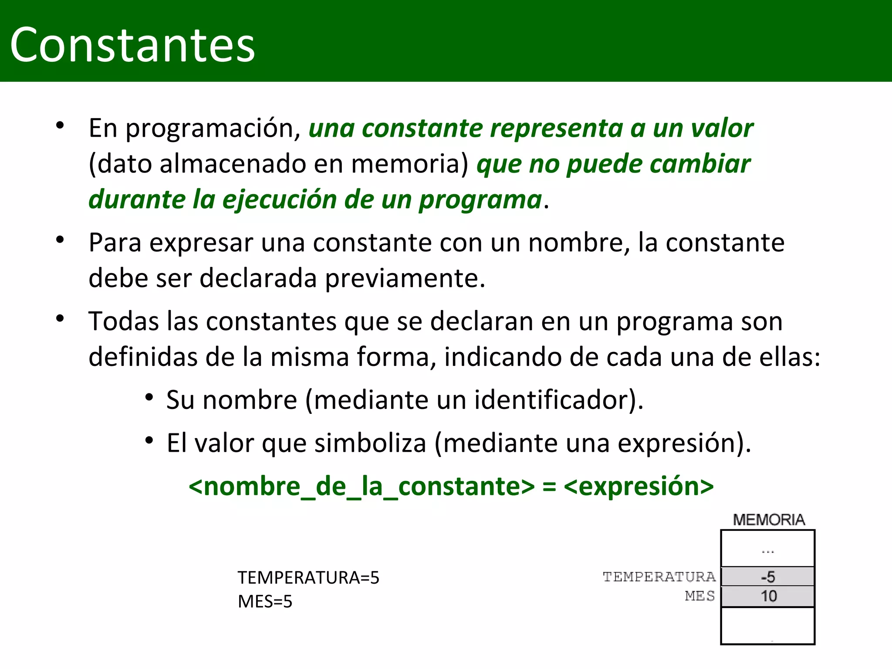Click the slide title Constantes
tap(132, 45)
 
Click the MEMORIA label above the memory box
tap(769, 520)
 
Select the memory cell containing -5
tap(767, 577)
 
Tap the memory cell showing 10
tap(767, 596)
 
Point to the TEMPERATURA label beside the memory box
tap(659, 577)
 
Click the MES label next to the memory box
tap(699, 595)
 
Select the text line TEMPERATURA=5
tap(308, 578)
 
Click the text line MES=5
tap(265, 601)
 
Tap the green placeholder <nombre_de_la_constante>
tap(362, 487)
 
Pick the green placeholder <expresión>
tap(639, 487)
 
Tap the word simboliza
tap(370, 443)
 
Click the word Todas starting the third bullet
tap(124, 321)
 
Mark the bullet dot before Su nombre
tap(149, 397)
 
